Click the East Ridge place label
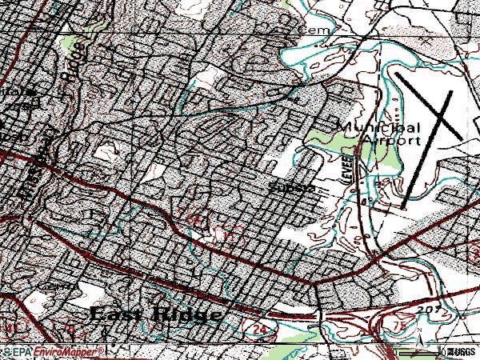(157, 314)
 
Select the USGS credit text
(462, 352)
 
